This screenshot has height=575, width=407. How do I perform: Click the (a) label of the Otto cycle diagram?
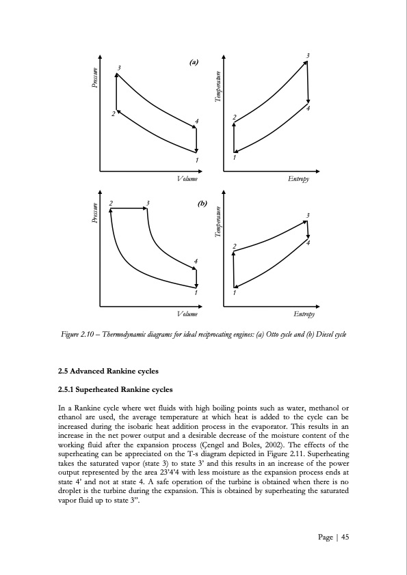[x=193, y=62]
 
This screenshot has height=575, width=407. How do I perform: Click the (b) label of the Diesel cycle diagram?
[x=202, y=204]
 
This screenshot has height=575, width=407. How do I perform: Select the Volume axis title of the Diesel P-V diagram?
[x=186, y=313]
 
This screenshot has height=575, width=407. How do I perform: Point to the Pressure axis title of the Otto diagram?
[x=96, y=77]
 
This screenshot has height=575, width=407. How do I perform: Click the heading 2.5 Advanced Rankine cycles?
[x=109, y=371]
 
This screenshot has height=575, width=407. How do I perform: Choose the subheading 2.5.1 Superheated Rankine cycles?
[x=115, y=390]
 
